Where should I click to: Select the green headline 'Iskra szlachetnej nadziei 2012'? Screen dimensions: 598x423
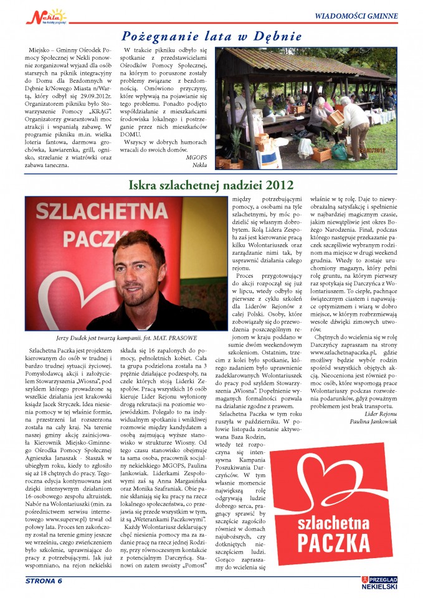[211, 185]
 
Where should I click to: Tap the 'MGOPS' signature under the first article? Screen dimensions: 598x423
[197, 157]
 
